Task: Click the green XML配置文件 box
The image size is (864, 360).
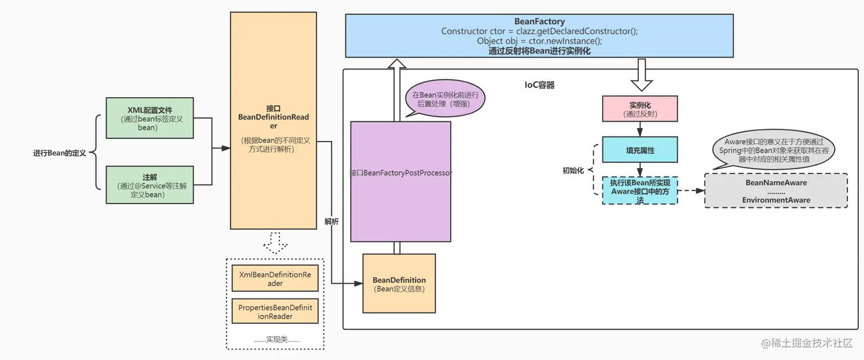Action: click(x=150, y=118)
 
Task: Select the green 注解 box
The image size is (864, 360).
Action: click(x=150, y=185)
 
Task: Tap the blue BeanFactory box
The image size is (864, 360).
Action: click(x=539, y=35)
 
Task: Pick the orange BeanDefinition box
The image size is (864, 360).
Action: click(x=399, y=283)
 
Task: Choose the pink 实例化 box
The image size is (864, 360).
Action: click(x=639, y=109)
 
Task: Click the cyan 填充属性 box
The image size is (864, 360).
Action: click(x=639, y=150)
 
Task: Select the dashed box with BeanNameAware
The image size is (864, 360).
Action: click(x=775, y=191)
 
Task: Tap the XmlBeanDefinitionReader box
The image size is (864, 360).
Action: click(x=275, y=279)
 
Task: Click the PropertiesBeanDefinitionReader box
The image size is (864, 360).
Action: click(x=275, y=311)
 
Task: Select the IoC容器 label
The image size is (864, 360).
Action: click(x=539, y=85)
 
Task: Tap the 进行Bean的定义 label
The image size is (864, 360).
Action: click(x=59, y=153)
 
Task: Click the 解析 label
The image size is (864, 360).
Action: click(x=331, y=221)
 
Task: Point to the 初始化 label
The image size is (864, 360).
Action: click(x=573, y=170)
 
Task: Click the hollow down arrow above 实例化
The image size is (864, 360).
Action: click(x=642, y=75)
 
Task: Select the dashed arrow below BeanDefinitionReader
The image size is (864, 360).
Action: click(x=275, y=242)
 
